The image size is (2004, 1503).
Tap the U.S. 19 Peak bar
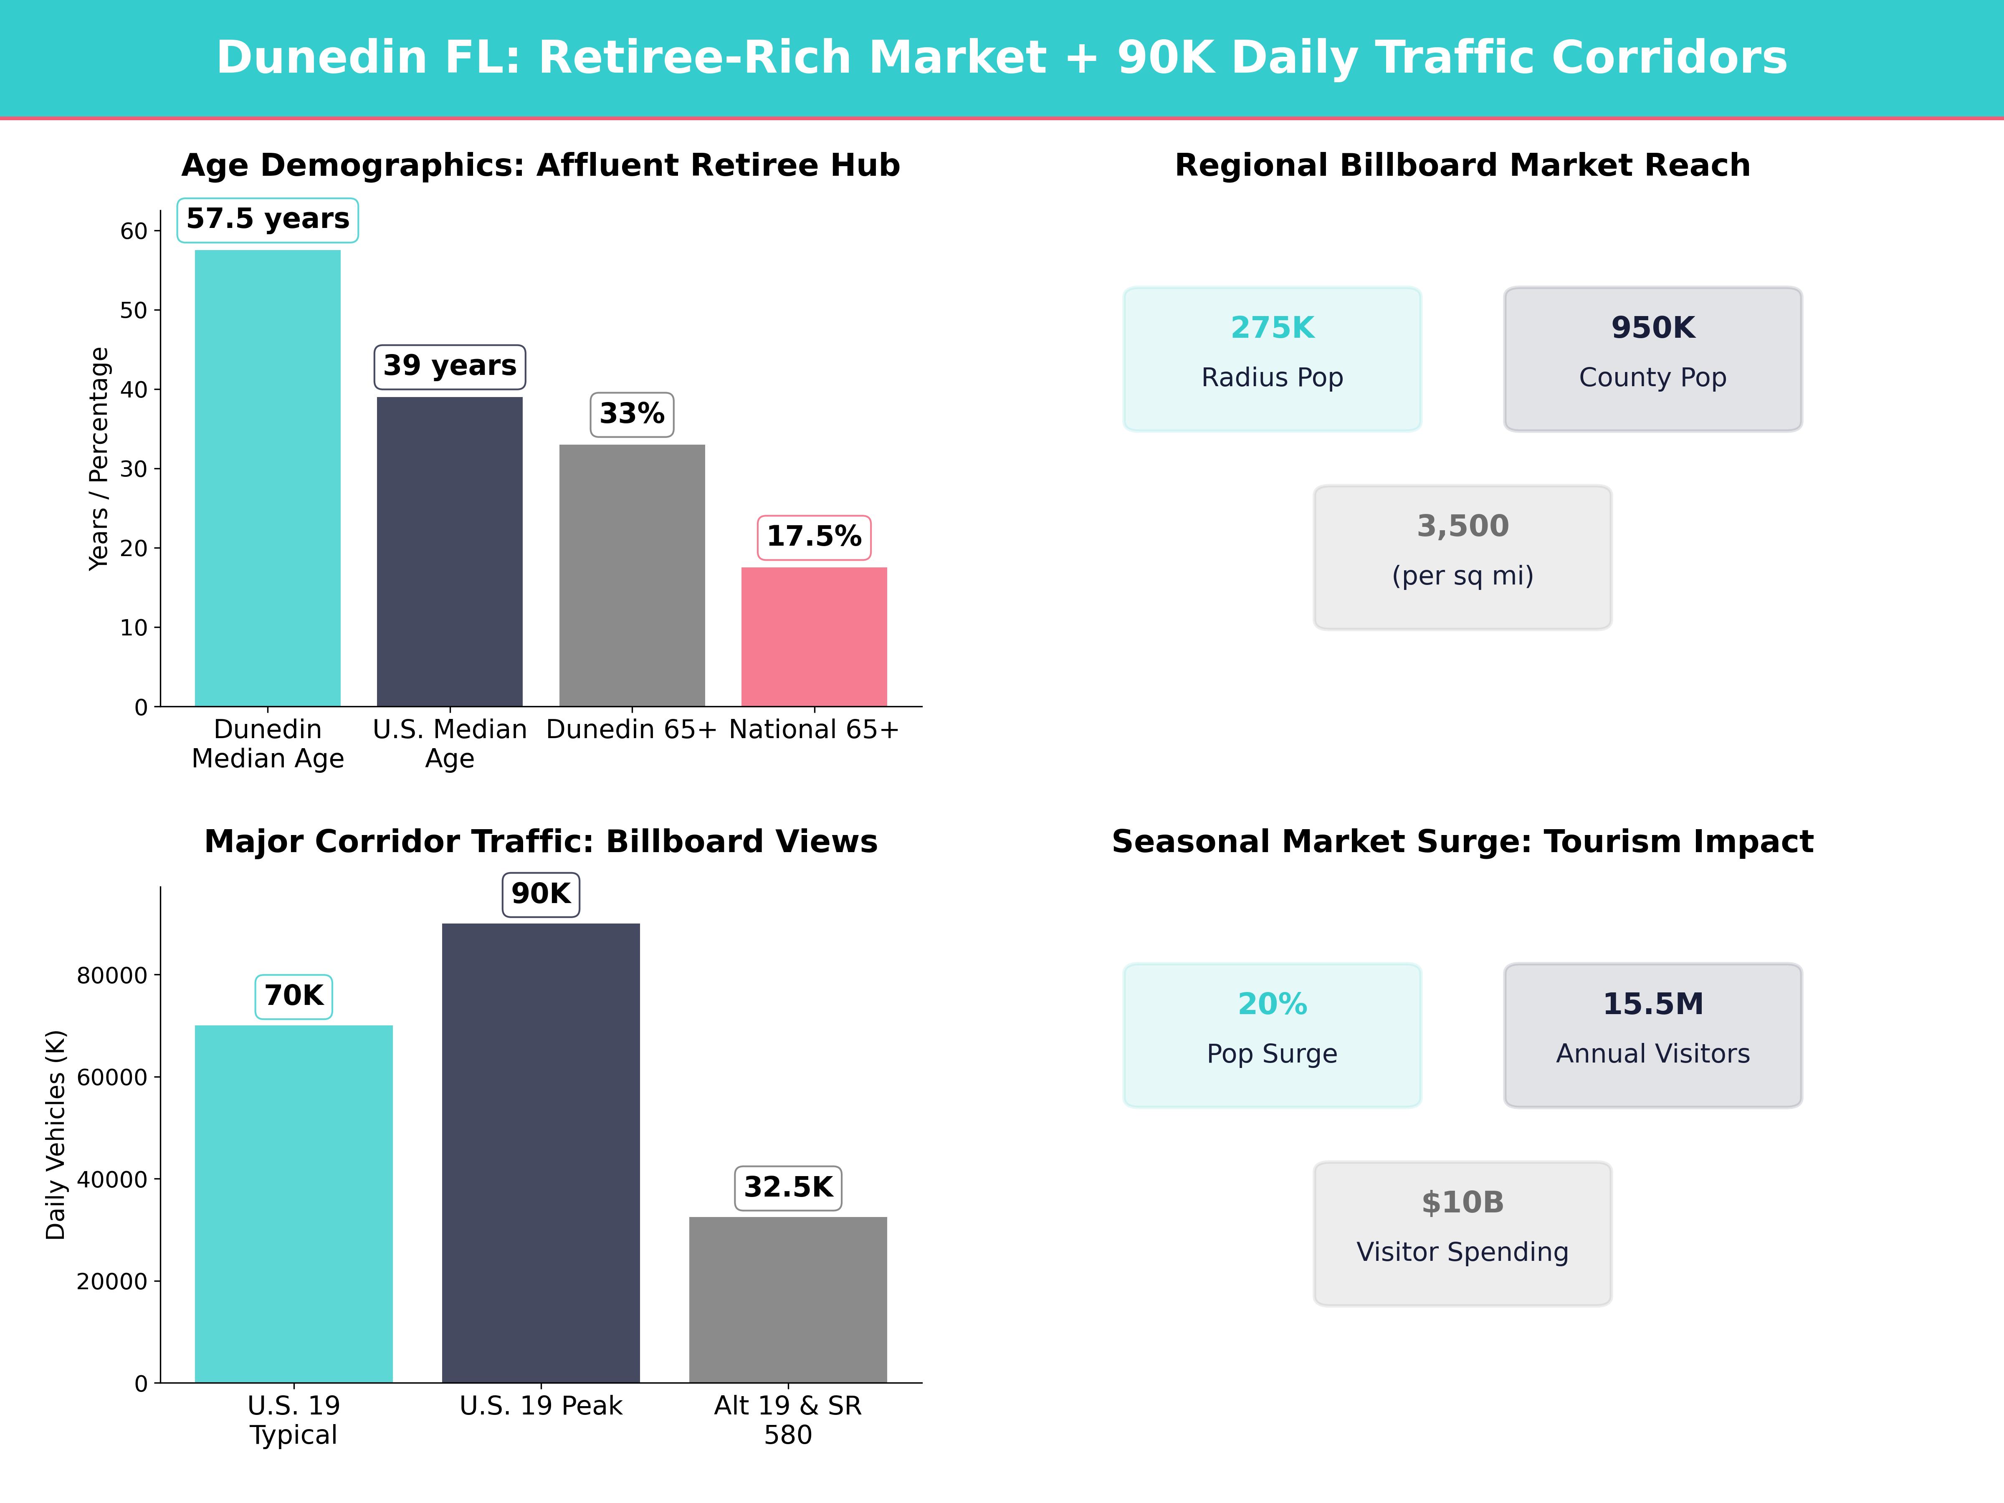click(541, 1152)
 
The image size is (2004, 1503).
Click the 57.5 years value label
click(267, 219)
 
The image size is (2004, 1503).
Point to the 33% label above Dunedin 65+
click(631, 414)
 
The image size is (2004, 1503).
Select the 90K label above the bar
click(541, 894)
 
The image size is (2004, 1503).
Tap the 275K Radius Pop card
click(1272, 359)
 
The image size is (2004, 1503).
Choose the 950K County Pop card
click(1652, 359)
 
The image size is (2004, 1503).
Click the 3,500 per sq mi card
click(1462, 557)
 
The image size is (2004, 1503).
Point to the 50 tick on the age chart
click(133, 311)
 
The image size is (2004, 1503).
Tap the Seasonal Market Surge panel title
click(1462, 842)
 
